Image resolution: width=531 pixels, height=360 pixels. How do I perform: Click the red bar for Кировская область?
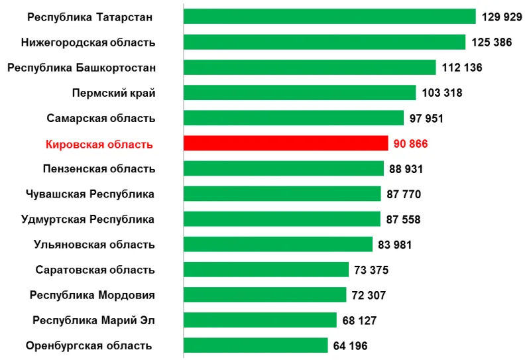[285, 143]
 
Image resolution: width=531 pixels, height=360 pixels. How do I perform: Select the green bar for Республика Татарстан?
[329, 17]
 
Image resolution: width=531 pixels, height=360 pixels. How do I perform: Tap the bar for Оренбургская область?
[255, 345]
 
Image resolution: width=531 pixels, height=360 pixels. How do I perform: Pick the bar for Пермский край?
[300, 93]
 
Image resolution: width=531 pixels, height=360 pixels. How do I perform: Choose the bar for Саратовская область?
[266, 269]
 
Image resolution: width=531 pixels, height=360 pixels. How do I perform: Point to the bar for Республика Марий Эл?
[260, 320]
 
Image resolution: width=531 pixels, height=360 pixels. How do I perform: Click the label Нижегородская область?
[88, 42]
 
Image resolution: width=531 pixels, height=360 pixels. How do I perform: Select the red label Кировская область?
[99, 144]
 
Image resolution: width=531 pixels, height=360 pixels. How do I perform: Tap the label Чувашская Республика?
[90, 194]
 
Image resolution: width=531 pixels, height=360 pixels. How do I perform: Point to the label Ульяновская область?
[94, 245]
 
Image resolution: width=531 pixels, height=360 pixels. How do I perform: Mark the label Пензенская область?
[99, 169]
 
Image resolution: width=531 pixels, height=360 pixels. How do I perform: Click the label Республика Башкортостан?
[82, 68]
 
